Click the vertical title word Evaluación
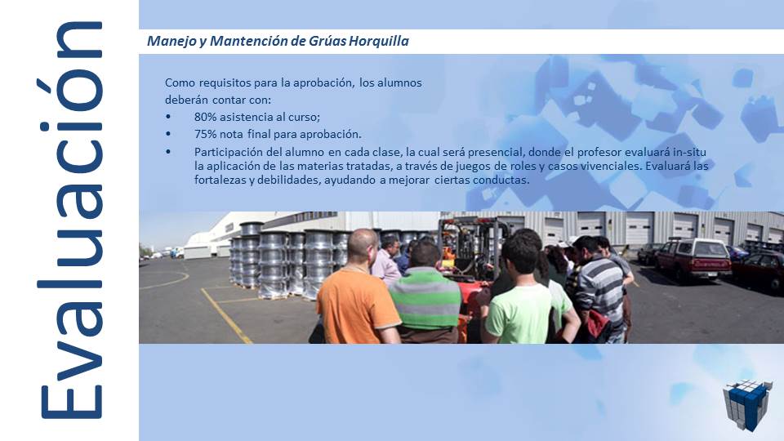[x=69, y=220]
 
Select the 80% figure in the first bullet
[x=207, y=117]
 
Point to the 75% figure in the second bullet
[x=207, y=134]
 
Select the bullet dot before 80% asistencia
[x=168, y=117]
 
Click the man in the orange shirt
[x=357, y=294]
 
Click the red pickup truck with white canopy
[x=693, y=258]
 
